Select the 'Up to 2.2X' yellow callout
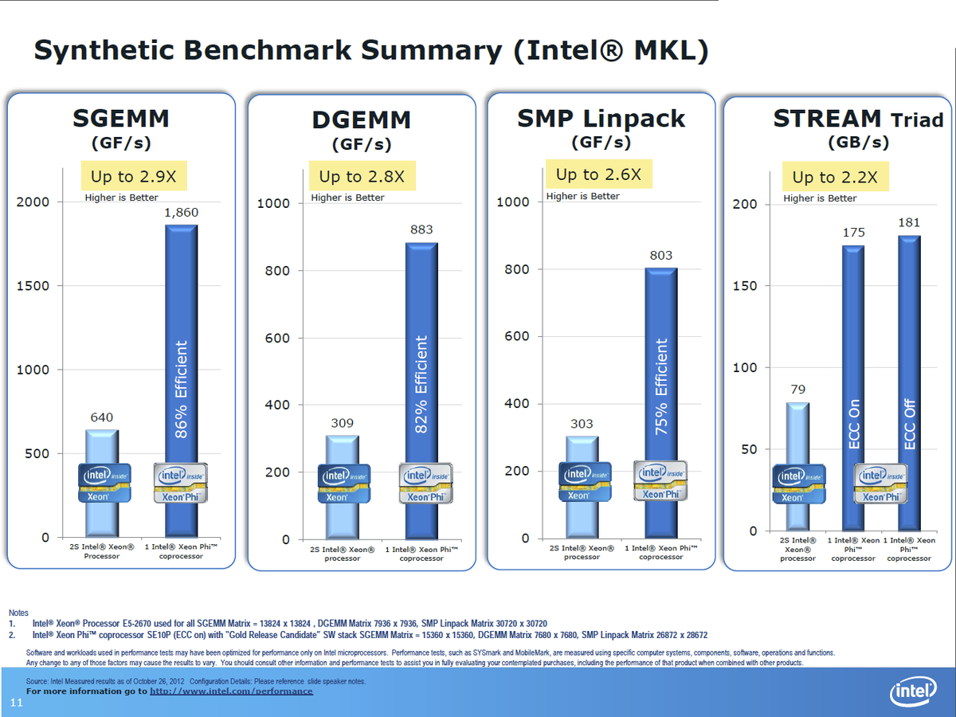click(x=835, y=177)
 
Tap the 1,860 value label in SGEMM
click(x=181, y=213)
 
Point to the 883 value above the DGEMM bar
click(x=421, y=229)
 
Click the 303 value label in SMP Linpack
click(x=582, y=424)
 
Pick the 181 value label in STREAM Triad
click(x=909, y=223)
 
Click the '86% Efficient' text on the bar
click(x=181, y=390)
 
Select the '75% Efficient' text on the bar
click(x=660, y=386)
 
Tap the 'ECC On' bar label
click(x=854, y=425)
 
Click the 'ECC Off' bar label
click(x=910, y=425)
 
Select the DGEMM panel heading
click(x=362, y=119)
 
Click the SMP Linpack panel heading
click(x=601, y=119)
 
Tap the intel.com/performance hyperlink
click(x=231, y=691)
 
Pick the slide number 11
click(x=15, y=701)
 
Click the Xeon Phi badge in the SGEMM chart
click(x=184, y=483)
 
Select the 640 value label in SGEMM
click(x=101, y=417)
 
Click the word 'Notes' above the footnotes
click(x=18, y=613)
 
